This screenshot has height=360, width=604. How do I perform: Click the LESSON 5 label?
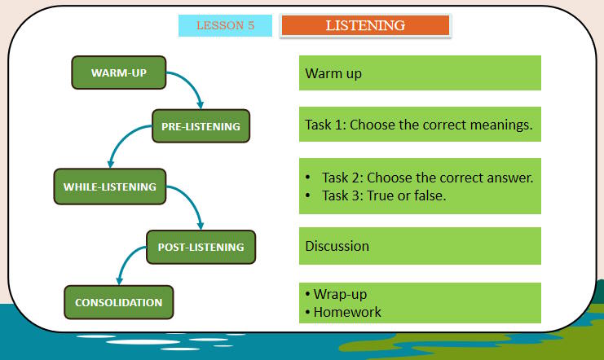click(x=225, y=25)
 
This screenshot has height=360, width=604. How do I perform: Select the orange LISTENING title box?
click(x=365, y=25)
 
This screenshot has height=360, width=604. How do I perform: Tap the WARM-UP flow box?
click(x=119, y=72)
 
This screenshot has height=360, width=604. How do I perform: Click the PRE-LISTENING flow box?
click(x=201, y=126)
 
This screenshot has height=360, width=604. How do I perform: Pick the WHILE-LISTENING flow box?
click(x=109, y=187)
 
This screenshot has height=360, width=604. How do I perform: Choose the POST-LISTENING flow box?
click(x=201, y=247)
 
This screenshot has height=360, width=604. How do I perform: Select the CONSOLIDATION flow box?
click(x=118, y=302)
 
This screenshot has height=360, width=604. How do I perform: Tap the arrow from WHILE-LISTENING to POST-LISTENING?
click(x=192, y=204)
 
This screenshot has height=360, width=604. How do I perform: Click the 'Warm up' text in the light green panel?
click(x=333, y=73)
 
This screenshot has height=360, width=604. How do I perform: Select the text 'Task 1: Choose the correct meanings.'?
click(x=418, y=125)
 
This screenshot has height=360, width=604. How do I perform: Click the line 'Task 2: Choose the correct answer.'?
click(x=427, y=178)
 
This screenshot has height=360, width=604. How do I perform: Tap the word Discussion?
click(x=337, y=246)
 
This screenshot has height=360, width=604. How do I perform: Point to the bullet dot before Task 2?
click(x=308, y=178)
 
